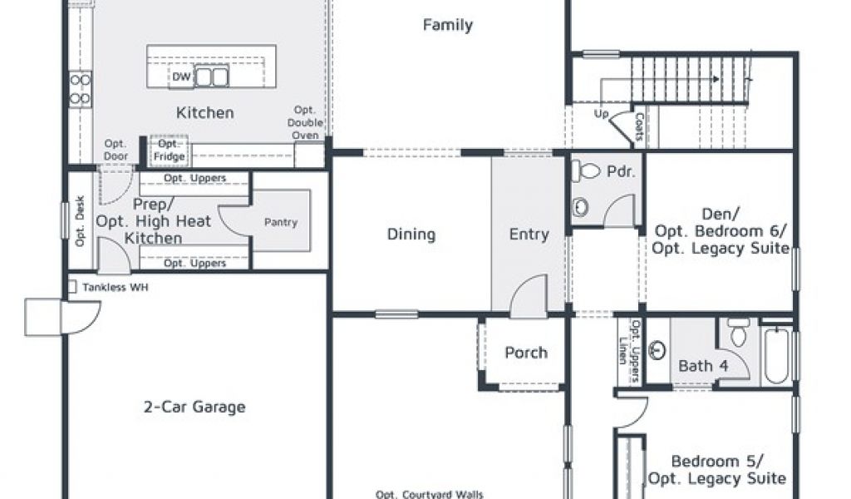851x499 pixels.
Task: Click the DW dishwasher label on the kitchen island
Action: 181,77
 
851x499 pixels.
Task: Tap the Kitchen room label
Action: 205,113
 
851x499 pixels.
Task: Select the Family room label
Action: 448,25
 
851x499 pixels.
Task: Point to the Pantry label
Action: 281,222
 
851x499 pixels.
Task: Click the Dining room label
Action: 411,235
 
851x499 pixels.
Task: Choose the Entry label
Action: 529,235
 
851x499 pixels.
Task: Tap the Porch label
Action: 526,353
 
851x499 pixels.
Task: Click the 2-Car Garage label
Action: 194,407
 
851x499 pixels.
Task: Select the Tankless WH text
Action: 115,287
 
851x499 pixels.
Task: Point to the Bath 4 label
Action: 703,366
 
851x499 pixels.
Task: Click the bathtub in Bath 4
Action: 776,355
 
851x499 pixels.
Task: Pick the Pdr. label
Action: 621,171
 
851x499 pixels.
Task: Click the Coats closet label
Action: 639,127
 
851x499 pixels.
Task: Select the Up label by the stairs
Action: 602,114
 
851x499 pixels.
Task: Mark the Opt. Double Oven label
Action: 305,123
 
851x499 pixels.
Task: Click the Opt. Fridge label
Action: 170,151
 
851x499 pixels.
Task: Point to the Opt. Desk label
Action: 81,221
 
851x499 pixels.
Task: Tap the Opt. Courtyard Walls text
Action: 430,494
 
